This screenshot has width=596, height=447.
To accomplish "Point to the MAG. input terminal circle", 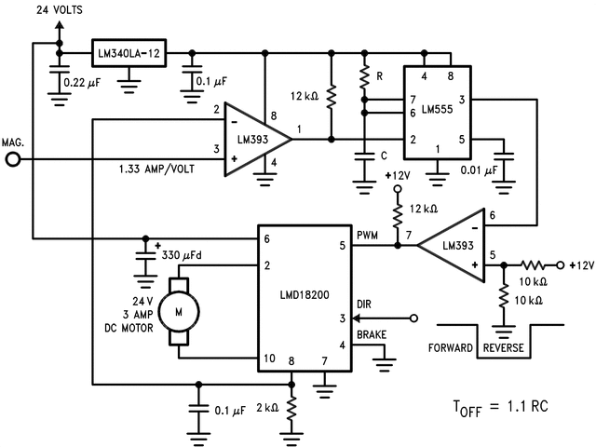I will tap(13, 159).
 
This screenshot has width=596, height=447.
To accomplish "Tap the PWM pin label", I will tap(368, 237).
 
